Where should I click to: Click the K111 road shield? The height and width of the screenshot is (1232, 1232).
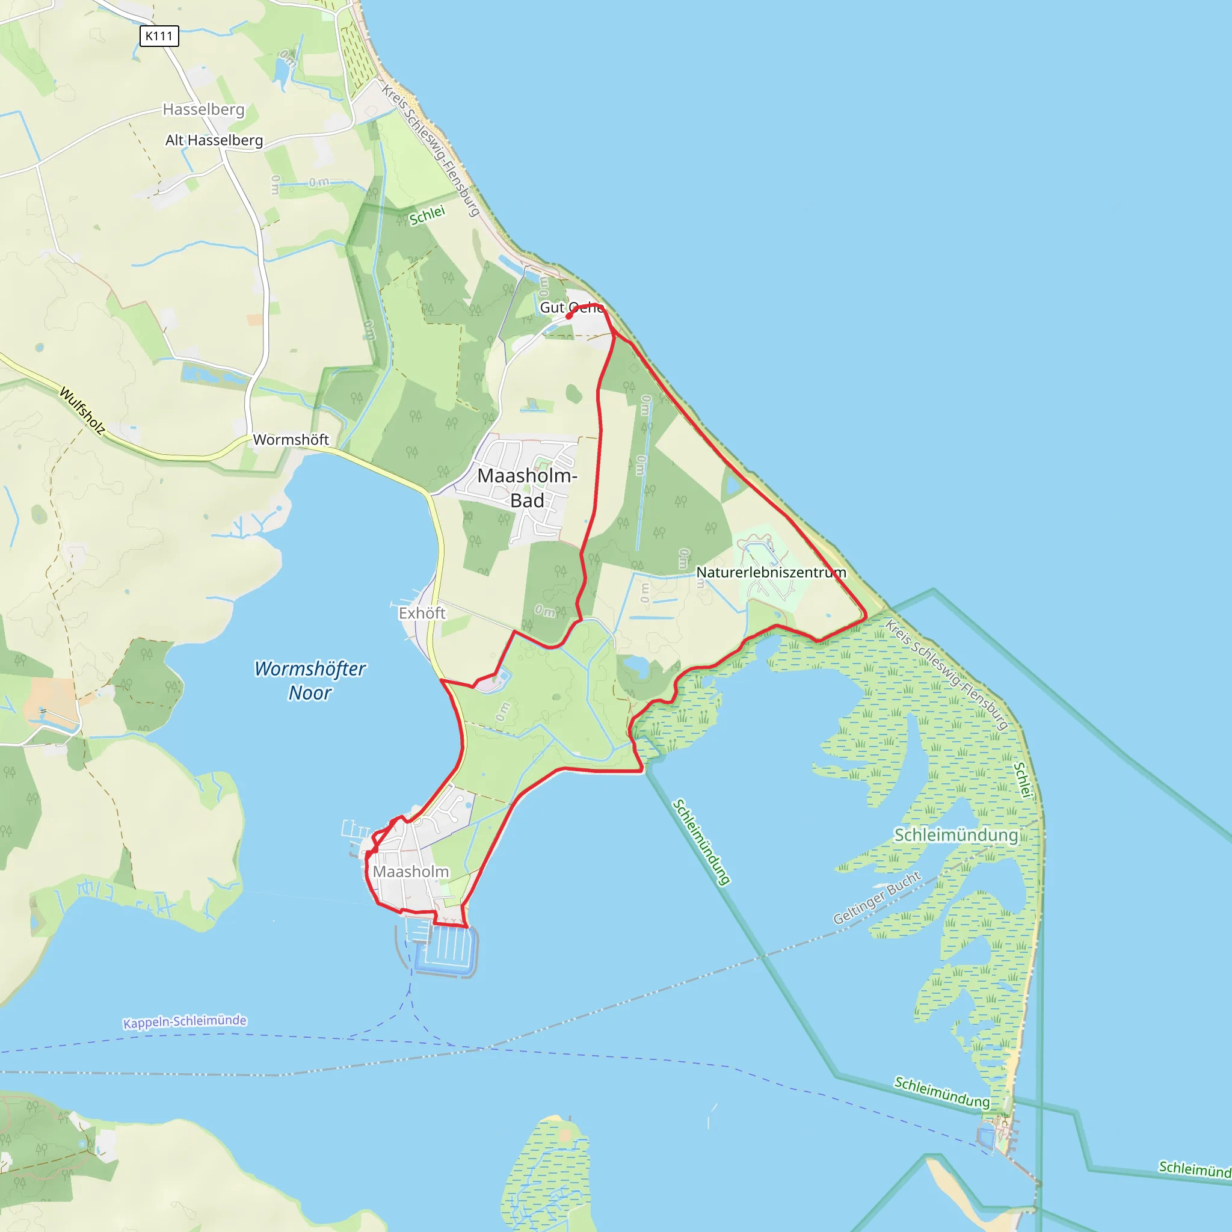coord(159,35)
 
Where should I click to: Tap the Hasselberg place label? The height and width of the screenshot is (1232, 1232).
coord(203,109)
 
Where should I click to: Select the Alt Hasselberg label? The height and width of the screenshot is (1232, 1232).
coord(214,140)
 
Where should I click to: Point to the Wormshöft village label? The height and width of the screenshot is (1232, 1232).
coord(291,439)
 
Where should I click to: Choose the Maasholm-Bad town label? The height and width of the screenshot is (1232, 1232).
coord(528,488)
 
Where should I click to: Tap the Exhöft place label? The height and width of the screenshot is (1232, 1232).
coord(422,613)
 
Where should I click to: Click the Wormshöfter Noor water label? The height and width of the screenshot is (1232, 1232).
coord(310,680)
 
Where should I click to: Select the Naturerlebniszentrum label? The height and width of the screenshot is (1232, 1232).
coord(771,572)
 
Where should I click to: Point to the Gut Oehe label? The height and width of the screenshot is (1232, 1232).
coord(571,307)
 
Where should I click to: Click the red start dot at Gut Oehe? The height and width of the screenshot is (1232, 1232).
coord(568,316)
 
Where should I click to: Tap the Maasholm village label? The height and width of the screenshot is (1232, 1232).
coord(411,871)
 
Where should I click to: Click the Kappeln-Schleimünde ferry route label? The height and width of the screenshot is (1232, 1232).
coord(184,1021)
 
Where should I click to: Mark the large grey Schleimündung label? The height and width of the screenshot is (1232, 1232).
coord(956,835)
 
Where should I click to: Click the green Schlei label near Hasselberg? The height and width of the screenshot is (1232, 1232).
coord(427,215)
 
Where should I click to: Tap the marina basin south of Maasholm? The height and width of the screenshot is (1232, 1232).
coord(446,949)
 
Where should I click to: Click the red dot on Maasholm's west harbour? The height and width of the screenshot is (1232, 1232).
coord(374,849)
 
